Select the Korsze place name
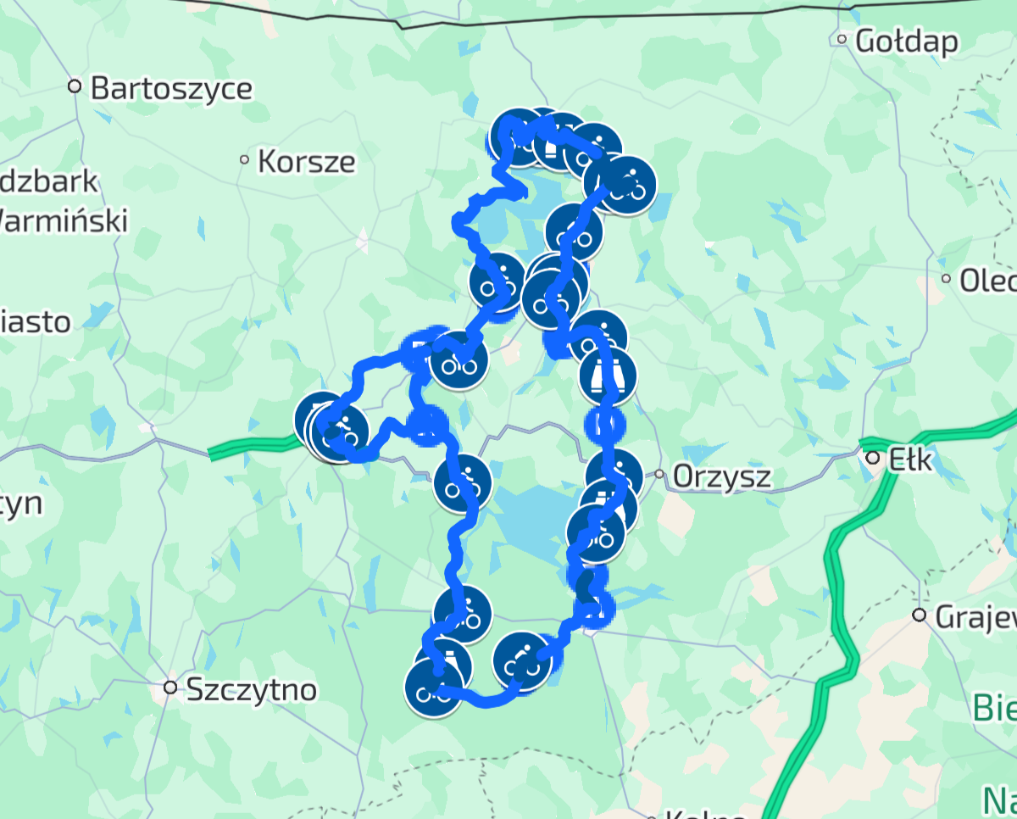coord(306,161)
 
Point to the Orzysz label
coord(721,476)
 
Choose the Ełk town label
coord(910,460)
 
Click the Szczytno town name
coord(251,689)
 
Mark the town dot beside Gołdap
coord(842,39)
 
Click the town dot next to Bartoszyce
coord(75,86)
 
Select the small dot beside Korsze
coord(245,159)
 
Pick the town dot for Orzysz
coord(659,475)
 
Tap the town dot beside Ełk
coord(873,458)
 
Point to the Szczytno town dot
coord(171,688)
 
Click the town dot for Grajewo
coord(920,615)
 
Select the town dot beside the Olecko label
coord(947,279)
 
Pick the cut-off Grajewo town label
coord(975,617)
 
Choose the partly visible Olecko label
coord(986,281)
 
